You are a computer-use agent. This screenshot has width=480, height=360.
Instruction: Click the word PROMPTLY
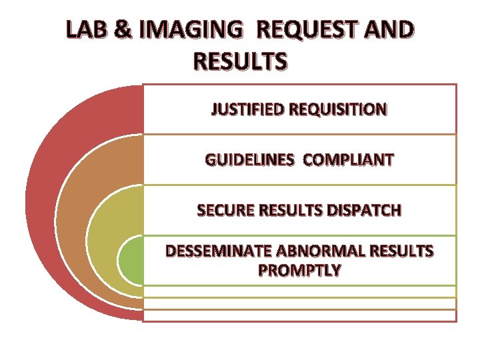point(299,271)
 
